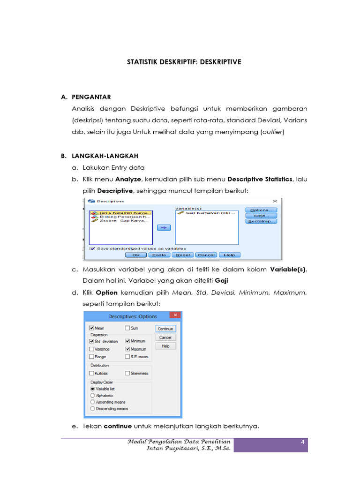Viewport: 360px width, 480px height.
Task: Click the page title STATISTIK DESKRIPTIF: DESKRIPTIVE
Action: pyautogui.click(x=184, y=61)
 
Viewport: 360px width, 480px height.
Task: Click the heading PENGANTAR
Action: pyautogui.click(x=91, y=97)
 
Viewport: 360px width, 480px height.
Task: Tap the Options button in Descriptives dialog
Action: pyautogui.click(x=261, y=210)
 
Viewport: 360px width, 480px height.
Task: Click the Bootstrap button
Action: pyautogui.click(x=261, y=221)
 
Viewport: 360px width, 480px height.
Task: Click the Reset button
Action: pyautogui.click(x=183, y=255)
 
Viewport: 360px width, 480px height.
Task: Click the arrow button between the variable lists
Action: pyautogui.click(x=164, y=227)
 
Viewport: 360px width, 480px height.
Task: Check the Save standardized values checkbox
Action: pyautogui.click(x=93, y=248)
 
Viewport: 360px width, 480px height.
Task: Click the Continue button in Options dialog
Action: pyautogui.click(x=166, y=329)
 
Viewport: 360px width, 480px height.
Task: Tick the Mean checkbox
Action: pyautogui.click(x=91, y=329)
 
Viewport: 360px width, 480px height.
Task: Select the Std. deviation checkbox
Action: pyautogui.click(x=91, y=341)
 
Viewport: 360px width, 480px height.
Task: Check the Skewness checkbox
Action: pyautogui.click(x=127, y=373)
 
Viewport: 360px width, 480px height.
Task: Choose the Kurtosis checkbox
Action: pyautogui.click(x=91, y=373)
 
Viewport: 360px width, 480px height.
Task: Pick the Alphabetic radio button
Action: pyautogui.click(x=92, y=395)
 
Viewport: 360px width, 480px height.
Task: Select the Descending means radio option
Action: pyautogui.click(x=92, y=408)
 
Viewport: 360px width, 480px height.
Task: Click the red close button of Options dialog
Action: pyautogui.click(x=175, y=316)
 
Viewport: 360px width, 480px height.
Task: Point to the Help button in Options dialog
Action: pyautogui.click(x=166, y=346)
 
